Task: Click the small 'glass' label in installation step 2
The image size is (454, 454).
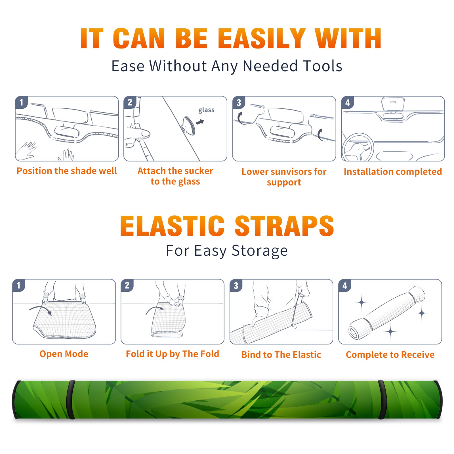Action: coord(206,110)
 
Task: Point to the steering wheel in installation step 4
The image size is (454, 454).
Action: coord(358,148)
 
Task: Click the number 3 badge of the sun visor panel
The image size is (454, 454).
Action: coord(239,103)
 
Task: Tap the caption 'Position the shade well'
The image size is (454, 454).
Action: coord(67,171)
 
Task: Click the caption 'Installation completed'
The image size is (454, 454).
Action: coord(393,172)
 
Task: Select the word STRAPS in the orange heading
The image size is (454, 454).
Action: coord(284,226)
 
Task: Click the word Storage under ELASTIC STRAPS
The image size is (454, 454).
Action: coord(260,251)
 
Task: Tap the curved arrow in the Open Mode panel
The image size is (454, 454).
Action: coord(40,310)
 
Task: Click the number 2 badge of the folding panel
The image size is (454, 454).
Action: coord(127,285)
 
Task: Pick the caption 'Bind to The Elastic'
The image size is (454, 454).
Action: coord(281,355)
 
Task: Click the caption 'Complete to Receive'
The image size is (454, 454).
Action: coord(390,355)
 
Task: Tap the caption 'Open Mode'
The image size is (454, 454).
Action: coord(64,354)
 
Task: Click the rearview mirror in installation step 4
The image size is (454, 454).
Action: coord(393,104)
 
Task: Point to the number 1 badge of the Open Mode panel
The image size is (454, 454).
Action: coord(19,285)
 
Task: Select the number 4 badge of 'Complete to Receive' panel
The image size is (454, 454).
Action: coord(345,285)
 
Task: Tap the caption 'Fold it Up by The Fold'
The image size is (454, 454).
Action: coord(173,354)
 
